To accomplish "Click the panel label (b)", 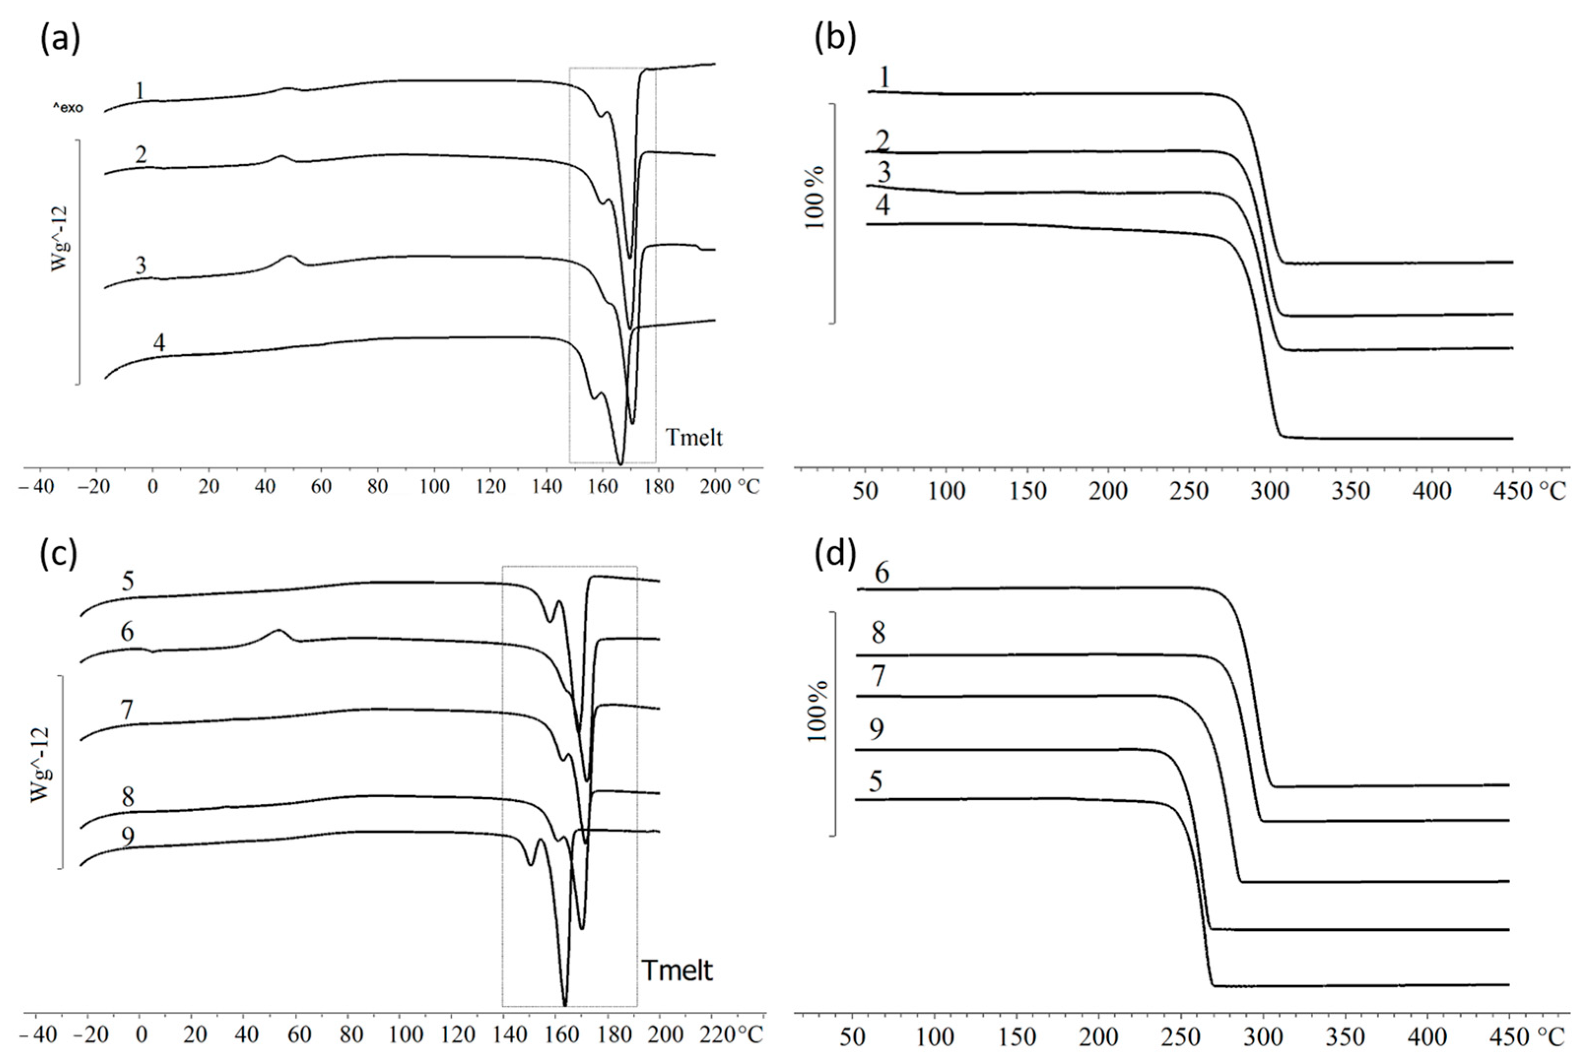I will (x=835, y=39).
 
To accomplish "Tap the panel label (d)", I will (x=835, y=554).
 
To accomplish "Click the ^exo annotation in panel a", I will (x=68, y=108).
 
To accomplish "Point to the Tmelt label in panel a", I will (x=694, y=438).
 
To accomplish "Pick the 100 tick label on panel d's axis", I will (x=935, y=1037).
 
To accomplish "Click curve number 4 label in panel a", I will (x=159, y=343).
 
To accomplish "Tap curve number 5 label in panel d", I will (x=876, y=782).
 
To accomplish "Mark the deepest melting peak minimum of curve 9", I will (x=564, y=1005).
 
